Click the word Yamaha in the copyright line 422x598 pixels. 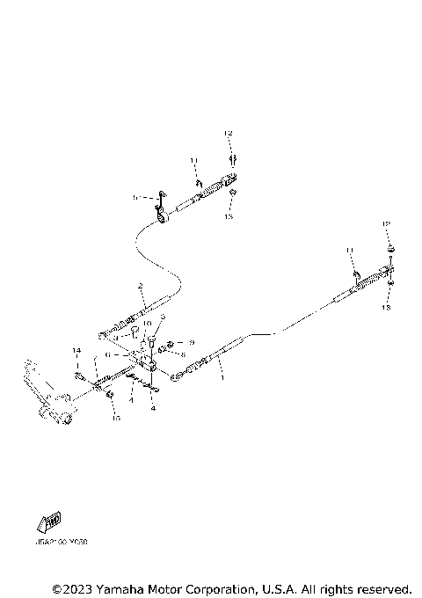[122, 588]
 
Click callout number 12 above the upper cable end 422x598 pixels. [228, 133]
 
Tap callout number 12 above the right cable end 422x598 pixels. [385, 226]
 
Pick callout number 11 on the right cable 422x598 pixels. [349, 252]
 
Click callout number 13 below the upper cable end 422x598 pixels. [229, 215]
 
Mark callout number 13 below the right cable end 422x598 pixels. [385, 309]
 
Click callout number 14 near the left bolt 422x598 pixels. [77, 351]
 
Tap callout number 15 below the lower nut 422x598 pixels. [113, 419]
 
